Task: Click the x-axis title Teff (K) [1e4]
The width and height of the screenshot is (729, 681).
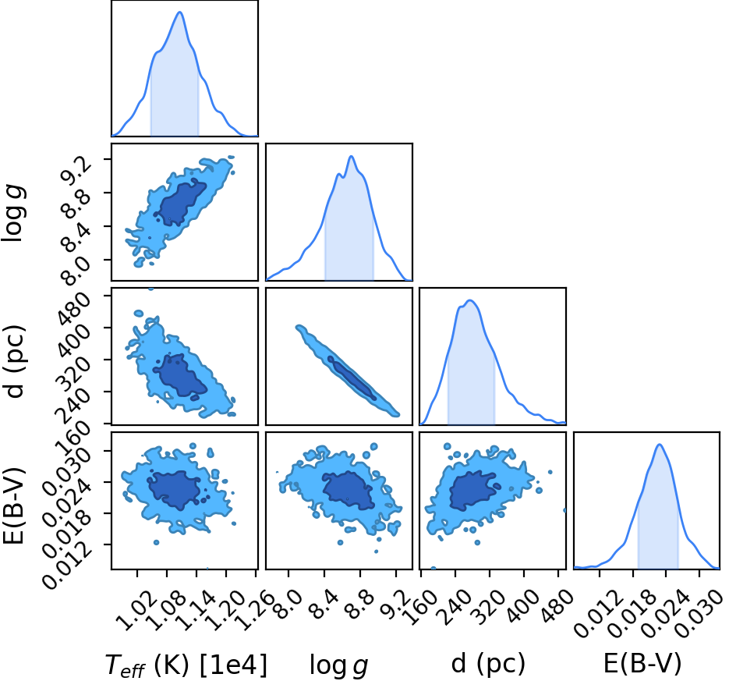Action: pos(187,665)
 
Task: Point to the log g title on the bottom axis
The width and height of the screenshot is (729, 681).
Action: pos(339,665)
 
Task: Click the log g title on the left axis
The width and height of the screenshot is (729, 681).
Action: pos(13,213)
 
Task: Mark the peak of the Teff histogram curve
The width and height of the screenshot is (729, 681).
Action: pos(180,12)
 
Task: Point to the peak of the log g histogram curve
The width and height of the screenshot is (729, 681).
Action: pos(351,156)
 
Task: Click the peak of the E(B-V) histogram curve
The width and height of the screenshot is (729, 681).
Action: pos(660,444)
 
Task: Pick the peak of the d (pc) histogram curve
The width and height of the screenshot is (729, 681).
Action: pos(470,300)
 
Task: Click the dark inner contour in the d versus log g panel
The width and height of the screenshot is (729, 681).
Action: pos(352,378)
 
